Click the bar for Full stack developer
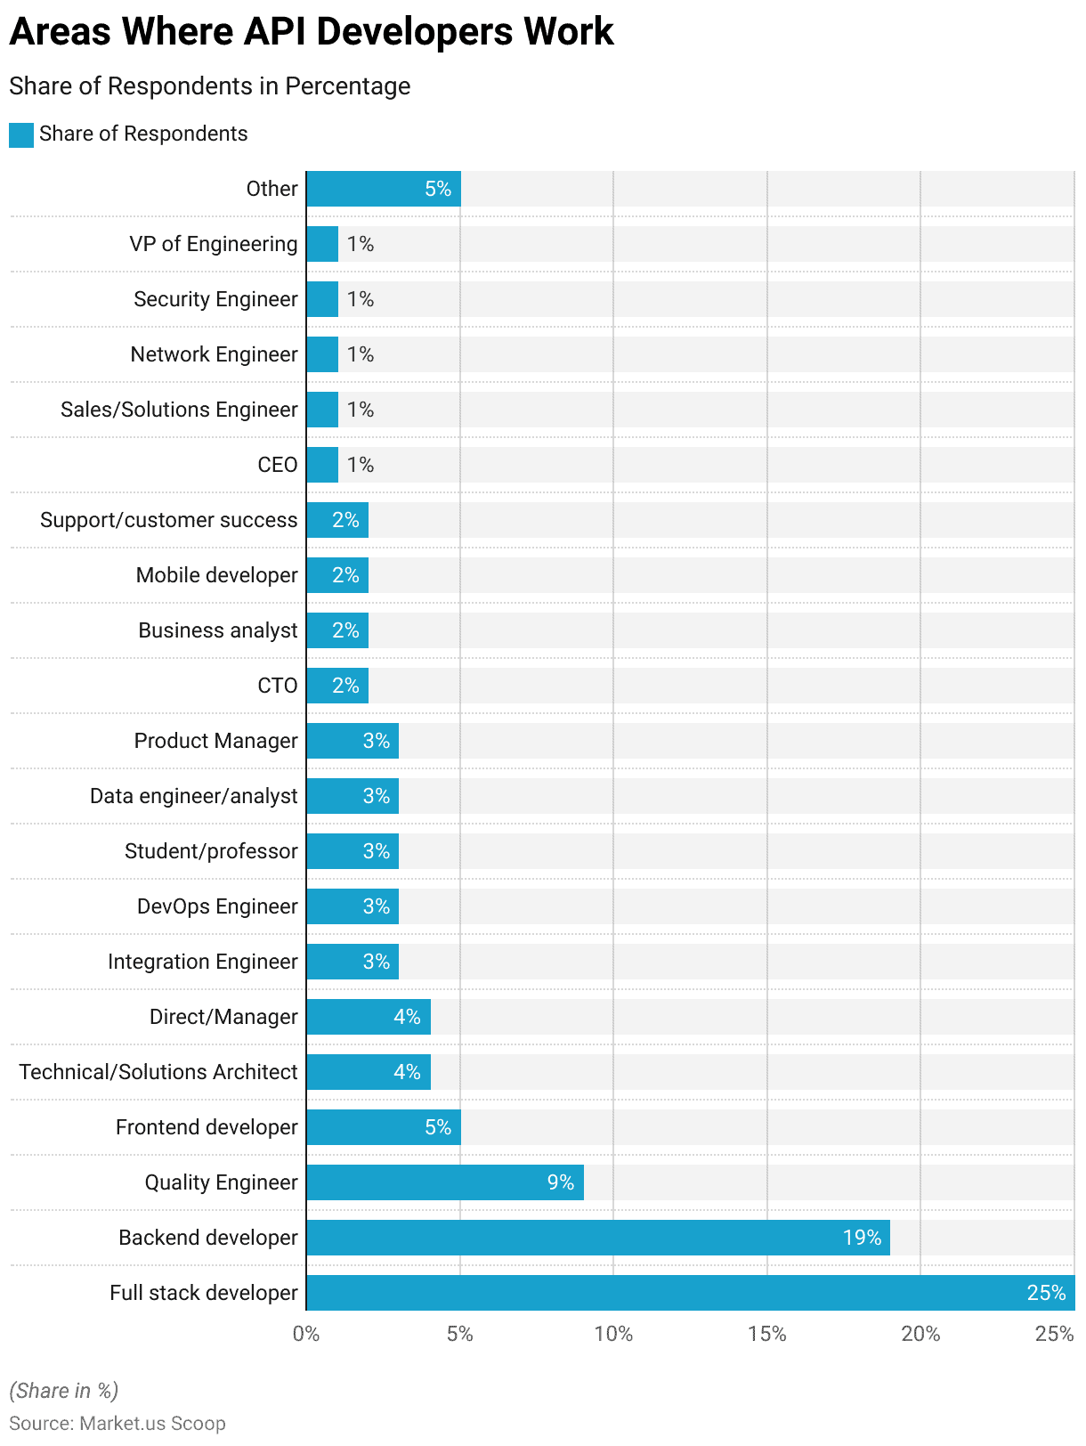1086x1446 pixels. coord(690,1293)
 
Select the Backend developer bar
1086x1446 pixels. coord(598,1238)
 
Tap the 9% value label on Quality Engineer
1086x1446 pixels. coord(560,1182)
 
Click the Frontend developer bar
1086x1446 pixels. coord(384,1127)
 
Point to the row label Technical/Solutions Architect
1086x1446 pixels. coord(158,1072)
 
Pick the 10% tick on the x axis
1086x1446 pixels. coord(613,1334)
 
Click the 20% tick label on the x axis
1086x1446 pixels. coord(920,1334)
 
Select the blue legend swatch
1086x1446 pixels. coord(21,134)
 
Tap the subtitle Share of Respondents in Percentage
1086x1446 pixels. coord(210,86)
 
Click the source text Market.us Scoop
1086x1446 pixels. coord(152,1424)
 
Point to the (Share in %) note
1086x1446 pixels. coord(64,1391)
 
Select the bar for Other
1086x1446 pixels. coord(384,189)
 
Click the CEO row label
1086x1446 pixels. coord(278,465)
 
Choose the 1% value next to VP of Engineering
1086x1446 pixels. coord(361,244)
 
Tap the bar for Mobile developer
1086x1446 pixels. coord(337,575)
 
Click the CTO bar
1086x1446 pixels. coord(337,686)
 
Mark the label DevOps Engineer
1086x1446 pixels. coord(217,906)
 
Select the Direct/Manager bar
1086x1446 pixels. coord(369,1017)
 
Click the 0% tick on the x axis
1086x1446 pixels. coord(306,1334)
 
